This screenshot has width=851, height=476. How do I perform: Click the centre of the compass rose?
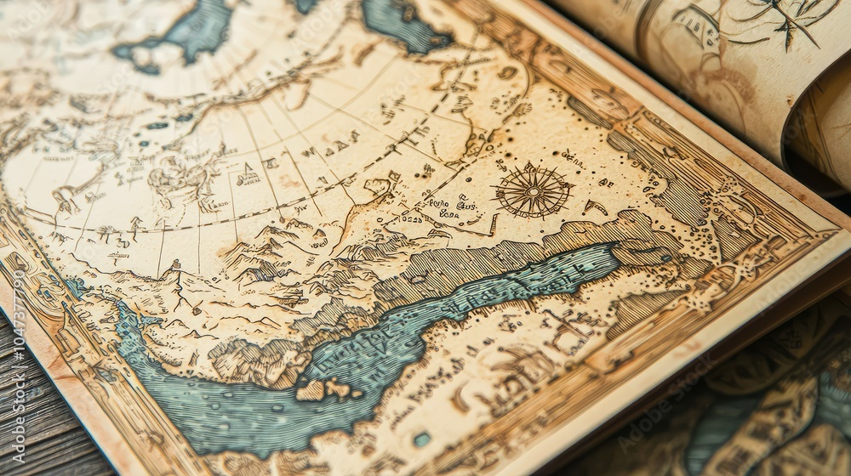tap(534, 191)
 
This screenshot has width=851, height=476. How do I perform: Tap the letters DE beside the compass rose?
tap(606, 182)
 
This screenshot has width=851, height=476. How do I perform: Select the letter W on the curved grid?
tap(307, 153)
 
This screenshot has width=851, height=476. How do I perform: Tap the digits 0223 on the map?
tap(412, 218)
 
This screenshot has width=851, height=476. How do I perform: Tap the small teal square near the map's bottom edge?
tap(422, 439)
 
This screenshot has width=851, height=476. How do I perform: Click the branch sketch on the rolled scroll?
tap(779, 21)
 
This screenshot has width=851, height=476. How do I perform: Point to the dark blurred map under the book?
tap(766, 408)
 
